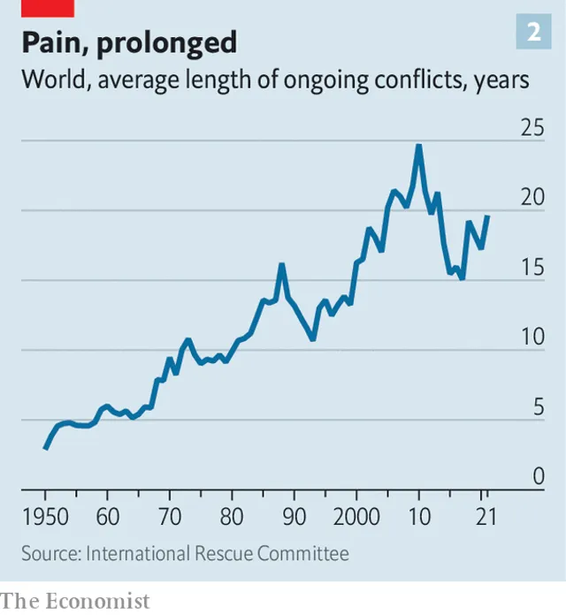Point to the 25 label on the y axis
click(532, 129)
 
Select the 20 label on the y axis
click(532, 199)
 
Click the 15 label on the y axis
click(532, 269)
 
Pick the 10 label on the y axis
click(532, 338)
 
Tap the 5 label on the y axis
click(537, 408)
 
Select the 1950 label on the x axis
click(45, 516)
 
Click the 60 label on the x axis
click(107, 516)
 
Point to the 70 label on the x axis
click(169, 516)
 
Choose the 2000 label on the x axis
click(356, 516)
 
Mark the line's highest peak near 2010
click(418, 146)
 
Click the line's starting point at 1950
click(45, 448)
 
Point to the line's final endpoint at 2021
click(487, 216)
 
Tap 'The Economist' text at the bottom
click(76, 601)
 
